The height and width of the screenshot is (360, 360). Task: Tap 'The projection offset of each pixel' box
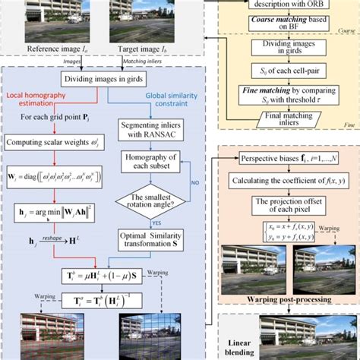pos(286,206)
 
